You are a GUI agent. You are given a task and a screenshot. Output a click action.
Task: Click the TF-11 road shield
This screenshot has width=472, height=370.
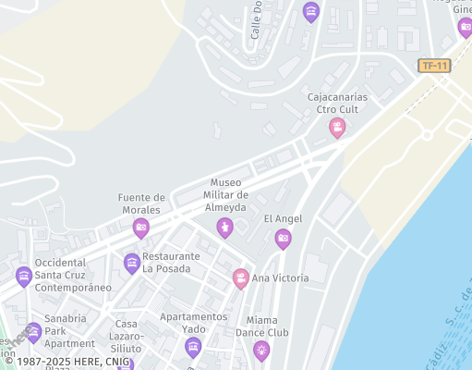(433, 66)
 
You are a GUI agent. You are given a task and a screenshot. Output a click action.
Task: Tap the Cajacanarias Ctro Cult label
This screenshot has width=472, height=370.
(337, 103)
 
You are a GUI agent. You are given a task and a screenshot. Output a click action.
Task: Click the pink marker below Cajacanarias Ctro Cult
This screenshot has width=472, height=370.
(338, 127)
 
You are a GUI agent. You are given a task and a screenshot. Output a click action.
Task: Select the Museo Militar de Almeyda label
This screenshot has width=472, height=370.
(229, 194)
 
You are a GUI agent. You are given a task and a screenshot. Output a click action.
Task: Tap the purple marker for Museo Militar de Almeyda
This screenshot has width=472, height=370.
(224, 227)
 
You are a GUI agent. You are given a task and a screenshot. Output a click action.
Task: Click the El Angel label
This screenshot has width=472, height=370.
(283, 218)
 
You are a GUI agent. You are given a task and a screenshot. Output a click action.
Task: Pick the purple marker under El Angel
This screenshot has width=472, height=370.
(283, 240)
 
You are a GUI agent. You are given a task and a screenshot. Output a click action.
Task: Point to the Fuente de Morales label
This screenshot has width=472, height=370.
(142, 203)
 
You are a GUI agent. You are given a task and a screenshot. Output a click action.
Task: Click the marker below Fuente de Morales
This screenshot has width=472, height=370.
(141, 227)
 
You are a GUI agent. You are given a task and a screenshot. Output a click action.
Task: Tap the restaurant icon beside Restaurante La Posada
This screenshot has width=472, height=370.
(132, 264)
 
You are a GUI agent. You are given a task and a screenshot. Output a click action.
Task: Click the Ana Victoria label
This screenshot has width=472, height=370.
(280, 277)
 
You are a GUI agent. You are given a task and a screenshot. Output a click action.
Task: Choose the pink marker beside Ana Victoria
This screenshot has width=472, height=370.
(240, 277)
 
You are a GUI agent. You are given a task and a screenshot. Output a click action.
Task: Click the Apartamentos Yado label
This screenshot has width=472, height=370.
(193, 323)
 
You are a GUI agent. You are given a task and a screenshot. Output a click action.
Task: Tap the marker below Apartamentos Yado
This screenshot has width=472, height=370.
(193, 348)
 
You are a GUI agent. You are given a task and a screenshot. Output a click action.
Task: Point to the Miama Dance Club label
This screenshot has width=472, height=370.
(262, 326)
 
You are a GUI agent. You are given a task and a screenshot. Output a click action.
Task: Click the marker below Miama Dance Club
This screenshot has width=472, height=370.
(262, 350)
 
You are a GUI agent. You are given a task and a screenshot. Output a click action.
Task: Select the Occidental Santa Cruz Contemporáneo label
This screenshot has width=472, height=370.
(73, 275)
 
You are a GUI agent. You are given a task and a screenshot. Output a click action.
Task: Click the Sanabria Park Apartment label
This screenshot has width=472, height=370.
(70, 330)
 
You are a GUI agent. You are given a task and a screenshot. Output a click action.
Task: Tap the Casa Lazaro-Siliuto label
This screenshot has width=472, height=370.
(126, 336)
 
